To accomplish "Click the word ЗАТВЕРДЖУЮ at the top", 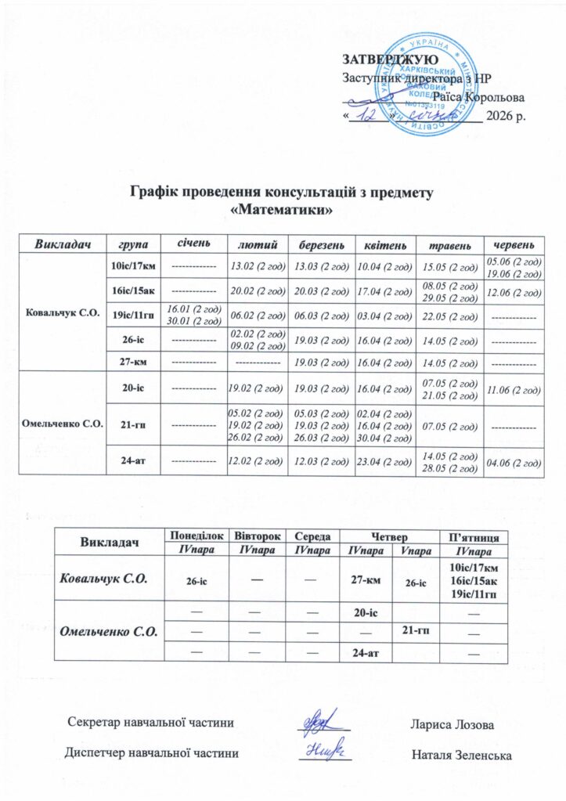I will coord(388,60).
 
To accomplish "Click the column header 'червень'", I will coord(514,244).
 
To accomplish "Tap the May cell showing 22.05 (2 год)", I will coord(449,316).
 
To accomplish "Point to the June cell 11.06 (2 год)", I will coord(514,388).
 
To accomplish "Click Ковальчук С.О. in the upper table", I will coord(61,312).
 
